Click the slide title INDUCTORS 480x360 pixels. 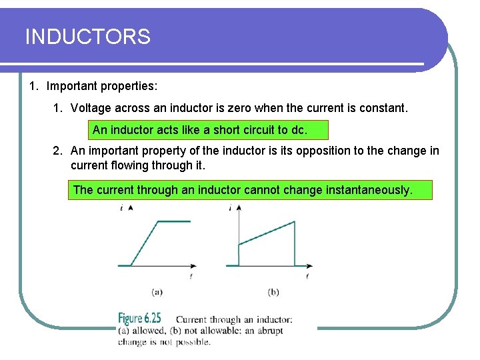(x=87, y=37)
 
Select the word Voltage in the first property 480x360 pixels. (x=91, y=107)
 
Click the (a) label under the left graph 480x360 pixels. (x=157, y=291)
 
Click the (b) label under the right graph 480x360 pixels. (x=273, y=291)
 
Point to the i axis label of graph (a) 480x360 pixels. (x=121, y=208)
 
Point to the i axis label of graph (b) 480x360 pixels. (x=230, y=208)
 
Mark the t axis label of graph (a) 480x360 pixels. (x=191, y=275)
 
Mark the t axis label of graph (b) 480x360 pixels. (x=307, y=275)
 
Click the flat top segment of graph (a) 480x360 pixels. (x=173, y=221)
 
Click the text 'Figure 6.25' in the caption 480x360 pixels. (x=139, y=319)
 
